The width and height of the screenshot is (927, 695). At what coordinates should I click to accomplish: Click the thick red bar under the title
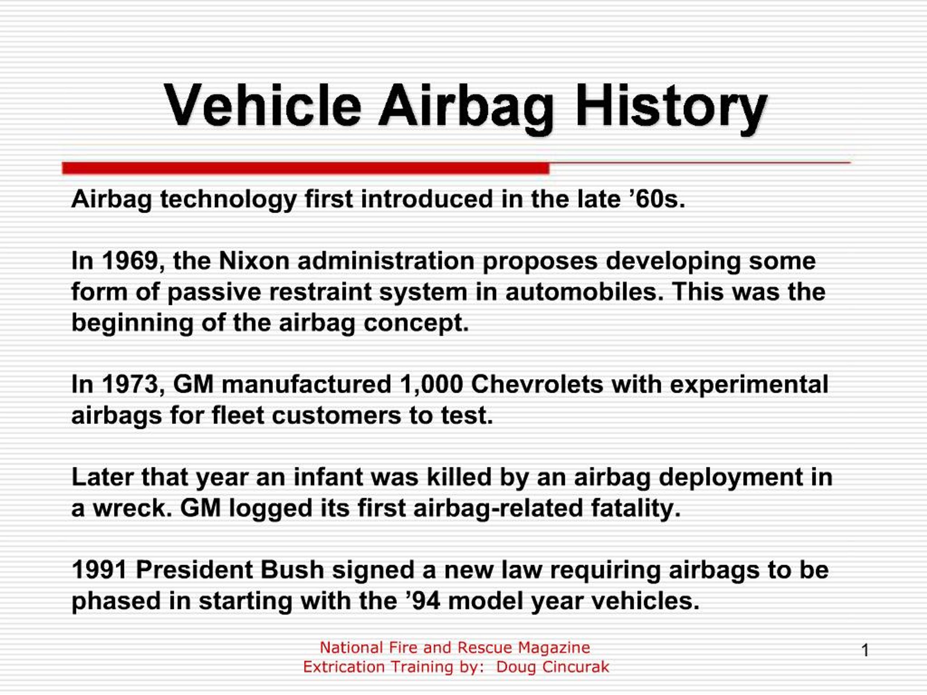(306, 168)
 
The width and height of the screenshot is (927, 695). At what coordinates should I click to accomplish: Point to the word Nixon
(254, 261)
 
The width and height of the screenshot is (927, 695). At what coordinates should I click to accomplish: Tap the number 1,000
(431, 384)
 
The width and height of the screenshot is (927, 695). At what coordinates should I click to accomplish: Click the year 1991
(99, 570)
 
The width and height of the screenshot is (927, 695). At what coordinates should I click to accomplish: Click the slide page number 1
(865, 650)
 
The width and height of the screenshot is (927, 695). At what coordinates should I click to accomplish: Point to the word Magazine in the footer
(554, 648)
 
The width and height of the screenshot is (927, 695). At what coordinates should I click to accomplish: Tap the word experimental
(749, 384)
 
